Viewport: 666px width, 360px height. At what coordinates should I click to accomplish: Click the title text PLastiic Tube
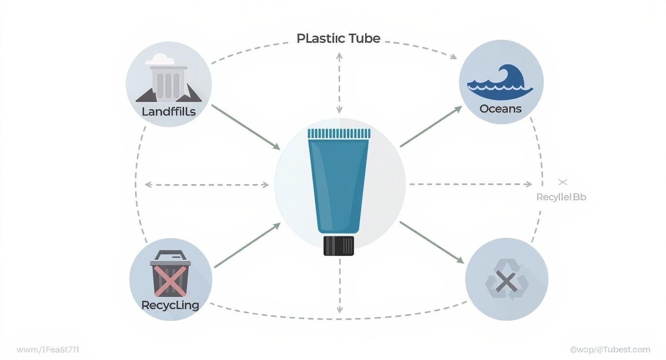click(338, 38)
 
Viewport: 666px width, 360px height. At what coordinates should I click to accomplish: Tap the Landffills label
click(169, 112)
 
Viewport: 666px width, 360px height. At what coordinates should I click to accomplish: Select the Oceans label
click(500, 109)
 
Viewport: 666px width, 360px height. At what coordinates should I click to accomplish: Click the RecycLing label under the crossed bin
click(170, 305)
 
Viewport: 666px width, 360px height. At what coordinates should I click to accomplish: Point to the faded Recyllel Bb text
click(561, 197)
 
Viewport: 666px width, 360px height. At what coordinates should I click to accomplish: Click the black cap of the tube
click(339, 246)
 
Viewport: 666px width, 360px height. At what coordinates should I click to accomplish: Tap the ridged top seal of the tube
click(339, 134)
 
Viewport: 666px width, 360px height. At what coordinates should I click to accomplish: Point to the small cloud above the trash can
click(159, 59)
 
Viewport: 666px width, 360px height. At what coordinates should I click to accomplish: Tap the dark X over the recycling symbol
click(506, 281)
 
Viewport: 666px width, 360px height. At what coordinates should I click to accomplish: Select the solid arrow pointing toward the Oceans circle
click(431, 126)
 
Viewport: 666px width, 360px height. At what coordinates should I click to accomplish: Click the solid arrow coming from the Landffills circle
click(245, 127)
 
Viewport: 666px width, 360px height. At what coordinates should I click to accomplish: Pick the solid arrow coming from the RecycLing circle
click(247, 245)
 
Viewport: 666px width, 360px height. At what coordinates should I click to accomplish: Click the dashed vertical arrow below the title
click(339, 83)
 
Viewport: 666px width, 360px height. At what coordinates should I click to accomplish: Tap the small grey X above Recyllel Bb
click(563, 182)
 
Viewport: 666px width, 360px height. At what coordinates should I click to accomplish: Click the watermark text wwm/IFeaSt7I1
click(48, 350)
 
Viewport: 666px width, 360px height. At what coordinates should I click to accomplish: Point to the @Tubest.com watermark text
click(610, 350)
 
